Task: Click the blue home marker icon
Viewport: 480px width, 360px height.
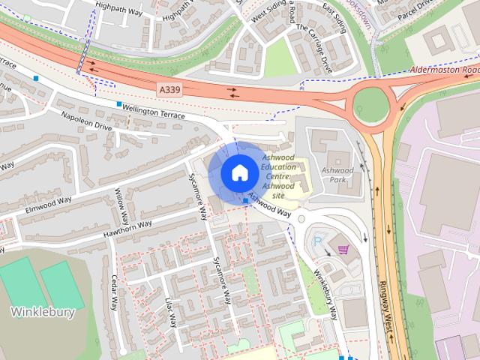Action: point(239,173)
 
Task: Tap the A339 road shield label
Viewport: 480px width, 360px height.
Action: point(169,89)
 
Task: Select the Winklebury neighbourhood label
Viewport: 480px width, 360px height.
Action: point(43,312)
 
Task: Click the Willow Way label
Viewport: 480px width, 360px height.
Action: point(121,208)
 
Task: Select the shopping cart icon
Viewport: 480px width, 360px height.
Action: point(343,249)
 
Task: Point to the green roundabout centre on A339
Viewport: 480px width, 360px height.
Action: point(371,103)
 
